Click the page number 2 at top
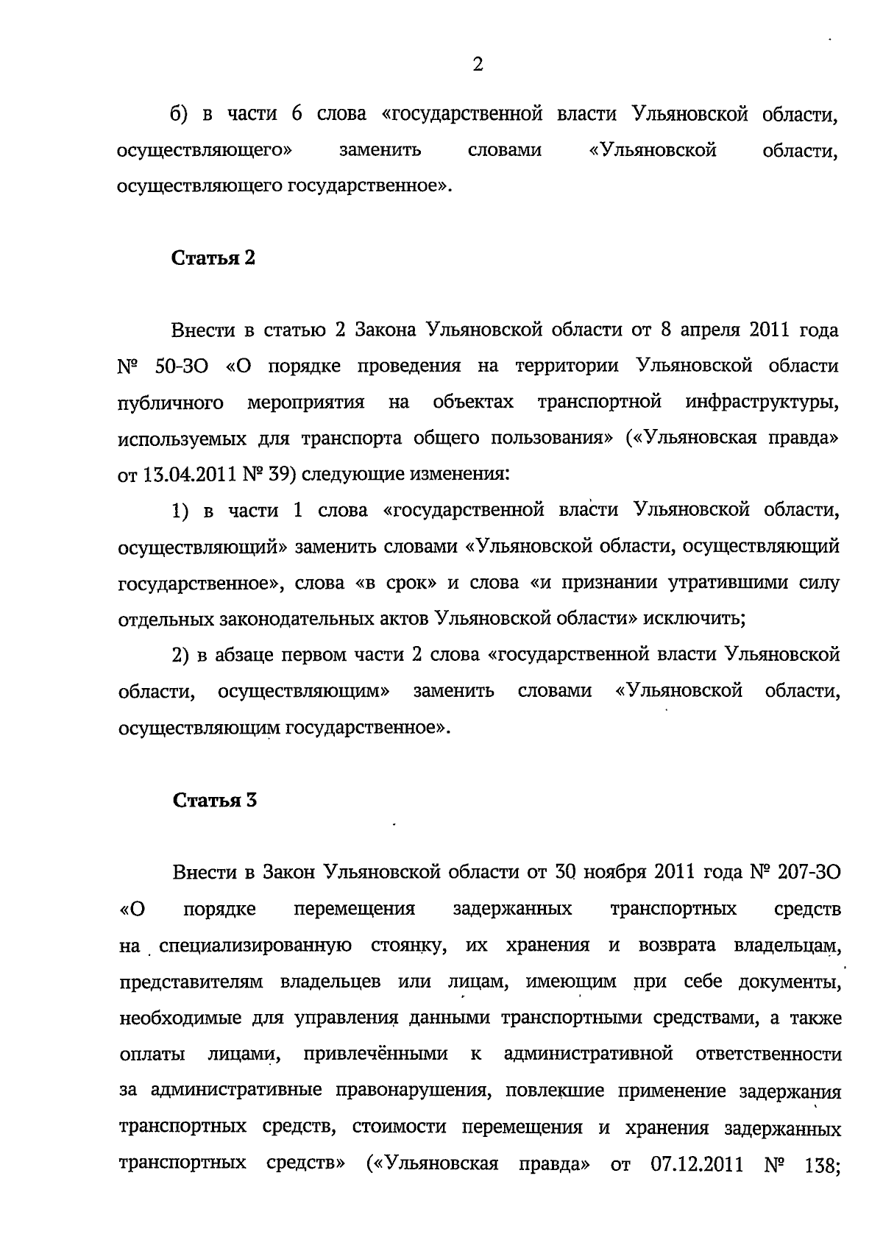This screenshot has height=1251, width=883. (x=477, y=65)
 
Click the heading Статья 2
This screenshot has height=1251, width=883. (x=213, y=258)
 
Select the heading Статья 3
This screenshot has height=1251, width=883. (x=214, y=801)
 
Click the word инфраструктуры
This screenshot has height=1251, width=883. (x=762, y=403)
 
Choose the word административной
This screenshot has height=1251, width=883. (x=589, y=1055)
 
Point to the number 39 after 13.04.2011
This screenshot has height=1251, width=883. (x=279, y=475)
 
